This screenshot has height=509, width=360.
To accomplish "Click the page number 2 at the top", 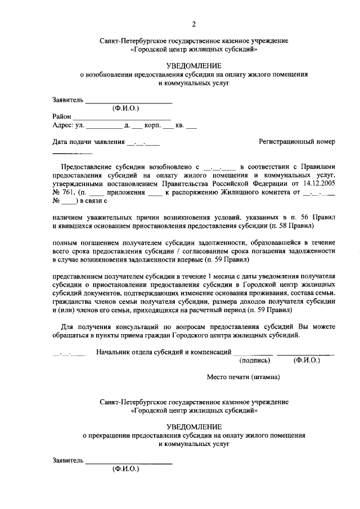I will coord(193,24).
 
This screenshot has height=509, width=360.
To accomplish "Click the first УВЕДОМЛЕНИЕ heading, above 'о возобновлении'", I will coord(193,66).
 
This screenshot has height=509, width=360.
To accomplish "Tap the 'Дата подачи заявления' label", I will coord(88,142).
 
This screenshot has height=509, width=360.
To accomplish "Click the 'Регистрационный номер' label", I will coord(297,142).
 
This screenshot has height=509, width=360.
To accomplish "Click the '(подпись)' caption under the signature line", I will coord(254,361).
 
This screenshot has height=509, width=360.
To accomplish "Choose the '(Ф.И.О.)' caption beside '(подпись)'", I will coord(306,361).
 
